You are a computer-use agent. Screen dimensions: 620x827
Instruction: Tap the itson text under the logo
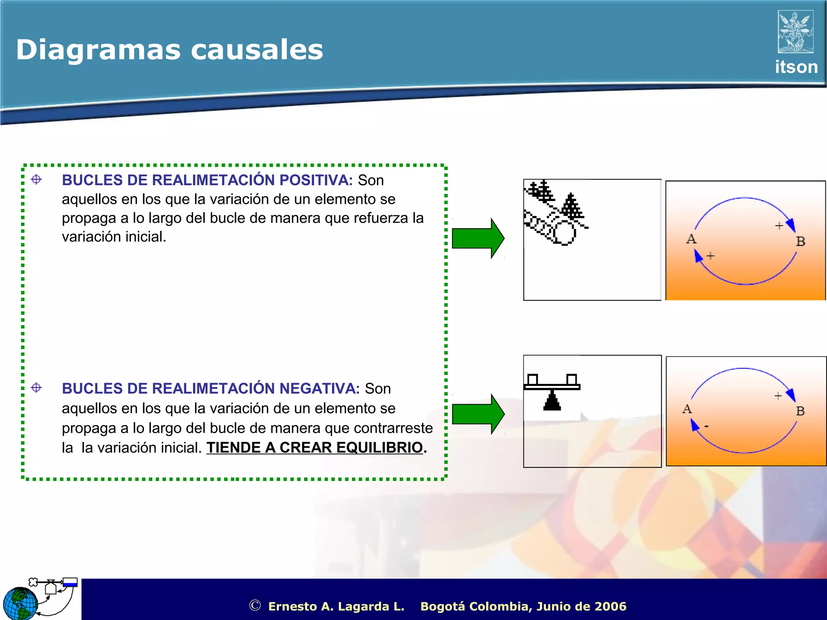pyautogui.click(x=796, y=67)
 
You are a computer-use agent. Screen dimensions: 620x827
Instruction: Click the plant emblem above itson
pyautogui.click(x=795, y=32)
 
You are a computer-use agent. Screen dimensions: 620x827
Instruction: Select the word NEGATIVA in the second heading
pyautogui.click(x=319, y=388)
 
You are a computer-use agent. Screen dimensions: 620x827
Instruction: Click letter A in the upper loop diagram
pyautogui.click(x=691, y=239)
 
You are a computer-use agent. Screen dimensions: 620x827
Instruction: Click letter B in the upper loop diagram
pyautogui.click(x=800, y=241)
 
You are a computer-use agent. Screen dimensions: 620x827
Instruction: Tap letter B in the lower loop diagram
pyautogui.click(x=800, y=411)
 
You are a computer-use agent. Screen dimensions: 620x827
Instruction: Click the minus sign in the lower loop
pyautogui.click(x=706, y=426)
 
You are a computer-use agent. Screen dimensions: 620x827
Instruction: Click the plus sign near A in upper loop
pyautogui.click(x=710, y=256)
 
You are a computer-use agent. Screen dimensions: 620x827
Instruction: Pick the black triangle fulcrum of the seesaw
pyautogui.click(x=552, y=402)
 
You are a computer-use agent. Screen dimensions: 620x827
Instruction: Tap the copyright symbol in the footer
pyautogui.click(x=254, y=605)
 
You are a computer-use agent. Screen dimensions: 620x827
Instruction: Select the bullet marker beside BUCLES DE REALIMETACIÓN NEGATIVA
pyautogui.click(x=36, y=388)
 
